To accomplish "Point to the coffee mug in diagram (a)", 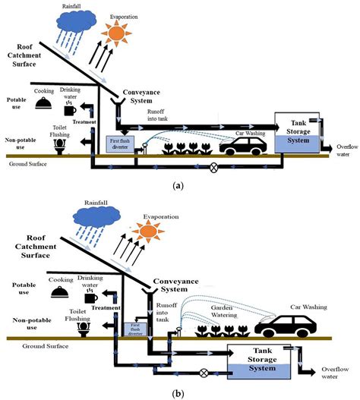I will [x=71, y=110].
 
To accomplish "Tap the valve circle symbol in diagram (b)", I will [x=203, y=373].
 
